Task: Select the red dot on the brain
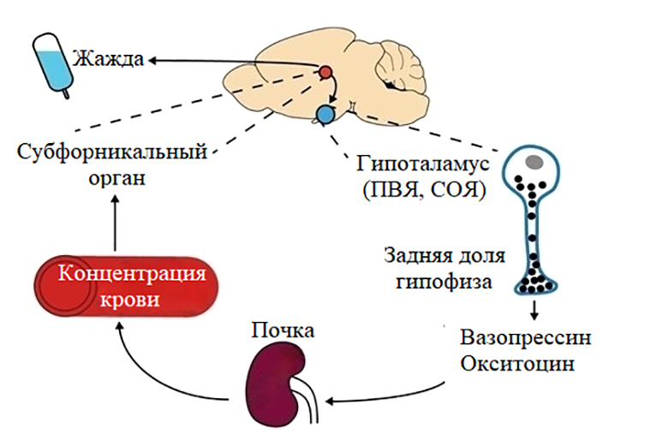(x=326, y=73)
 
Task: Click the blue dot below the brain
(x=325, y=112)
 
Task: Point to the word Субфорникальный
(x=112, y=154)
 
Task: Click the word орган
(x=114, y=180)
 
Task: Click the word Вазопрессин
(x=525, y=336)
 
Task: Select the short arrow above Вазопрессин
(x=535, y=308)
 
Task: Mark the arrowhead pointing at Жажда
(x=151, y=60)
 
